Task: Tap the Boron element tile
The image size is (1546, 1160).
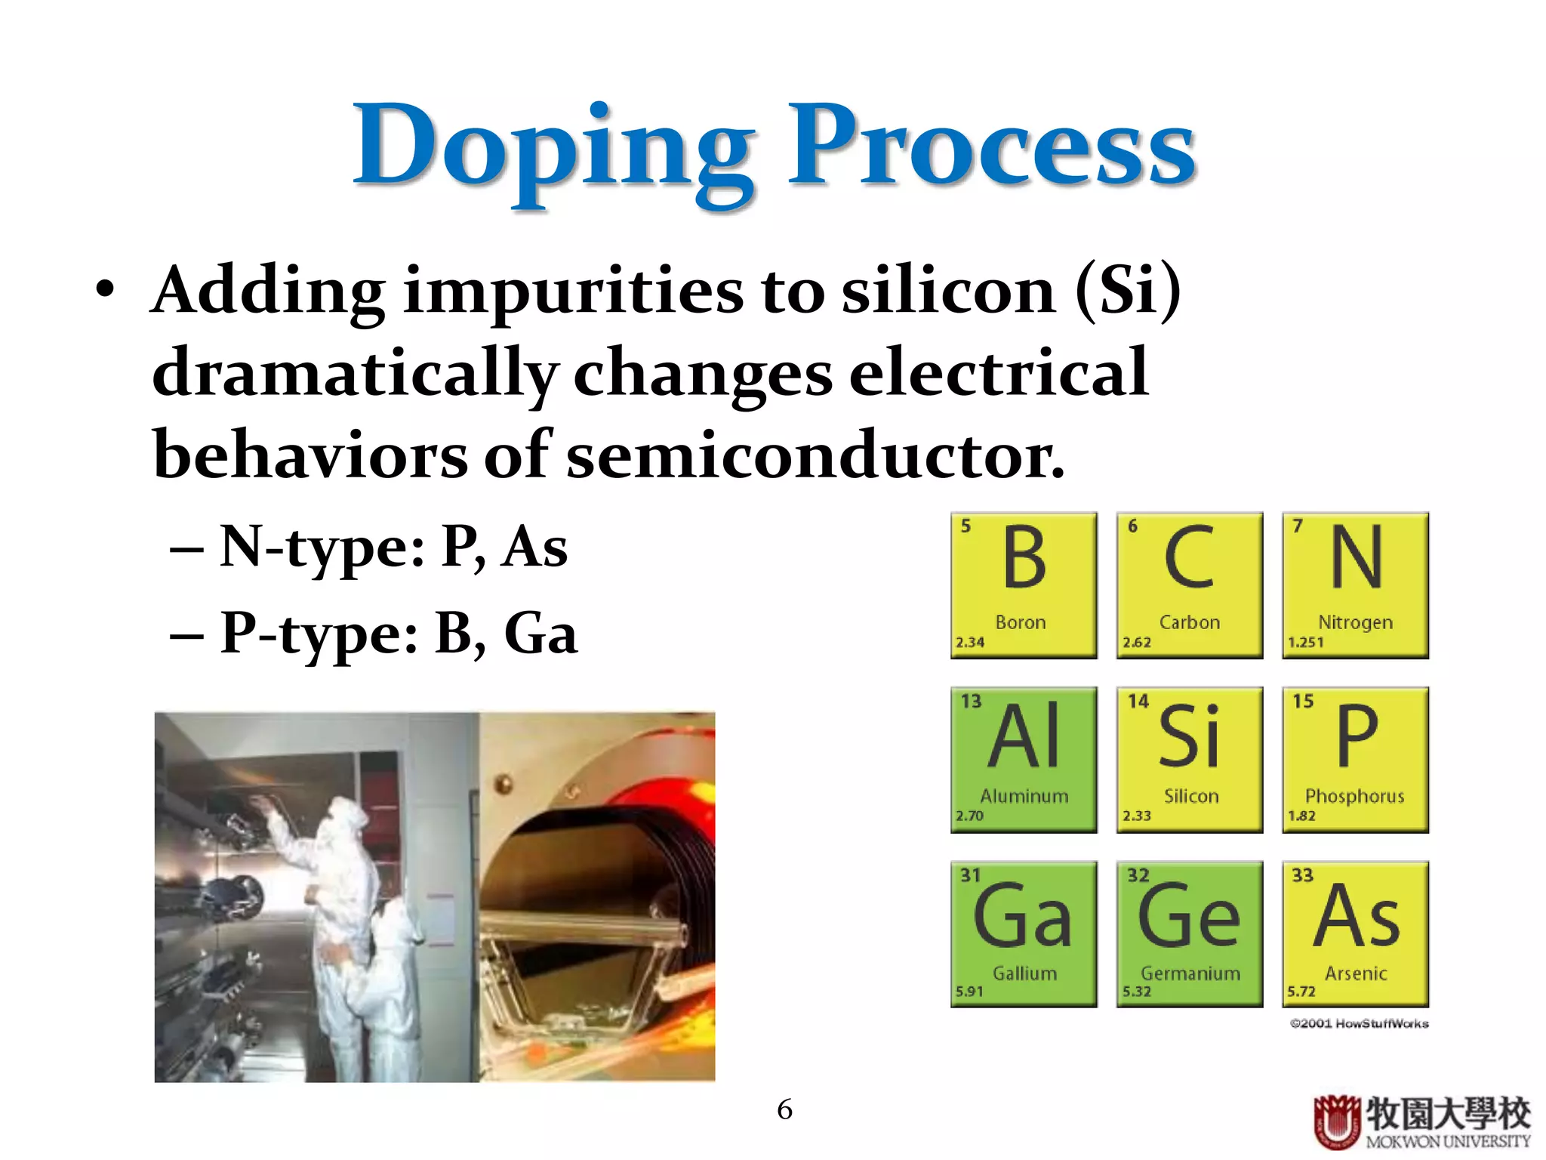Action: point(1024,585)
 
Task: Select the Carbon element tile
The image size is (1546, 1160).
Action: point(1190,585)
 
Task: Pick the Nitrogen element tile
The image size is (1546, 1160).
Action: point(1356,585)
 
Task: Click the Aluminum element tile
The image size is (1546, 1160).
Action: point(1024,759)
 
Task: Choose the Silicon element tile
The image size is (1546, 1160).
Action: point(1190,759)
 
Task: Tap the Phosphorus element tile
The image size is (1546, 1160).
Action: point(1356,759)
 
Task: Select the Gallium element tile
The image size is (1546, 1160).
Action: point(1024,934)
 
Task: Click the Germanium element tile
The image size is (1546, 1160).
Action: point(1190,934)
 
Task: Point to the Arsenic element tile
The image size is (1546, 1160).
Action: point(1356,934)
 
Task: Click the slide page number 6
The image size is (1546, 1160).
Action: point(784,1109)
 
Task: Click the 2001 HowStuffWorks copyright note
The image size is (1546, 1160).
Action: point(1359,1024)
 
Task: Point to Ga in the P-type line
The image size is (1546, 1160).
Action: point(540,633)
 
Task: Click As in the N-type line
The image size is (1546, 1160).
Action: point(535,547)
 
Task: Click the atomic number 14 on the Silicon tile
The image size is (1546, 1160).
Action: point(1138,702)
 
